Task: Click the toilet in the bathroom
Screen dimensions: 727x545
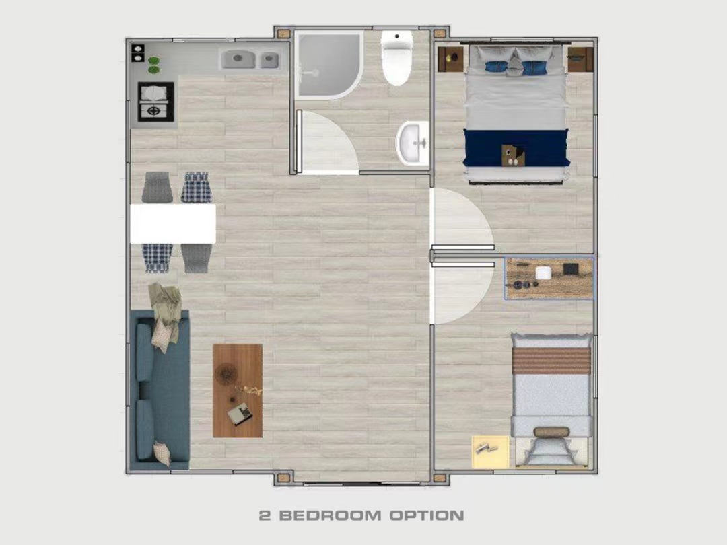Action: [x=397, y=58]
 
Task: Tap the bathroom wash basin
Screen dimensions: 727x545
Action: [x=413, y=143]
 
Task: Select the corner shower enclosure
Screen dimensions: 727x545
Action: [x=328, y=64]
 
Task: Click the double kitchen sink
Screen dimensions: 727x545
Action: [x=250, y=59]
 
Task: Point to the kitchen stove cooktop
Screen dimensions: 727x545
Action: [x=155, y=102]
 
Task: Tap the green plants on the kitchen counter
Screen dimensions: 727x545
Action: [x=153, y=65]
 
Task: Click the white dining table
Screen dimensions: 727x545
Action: [x=173, y=223]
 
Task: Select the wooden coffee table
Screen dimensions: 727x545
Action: [x=238, y=391]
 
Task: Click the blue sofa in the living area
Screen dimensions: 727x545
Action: [x=160, y=390]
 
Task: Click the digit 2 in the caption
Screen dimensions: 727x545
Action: [x=265, y=515]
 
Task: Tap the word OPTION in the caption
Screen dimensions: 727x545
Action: [x=427, y=515]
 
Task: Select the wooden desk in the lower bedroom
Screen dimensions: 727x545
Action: [x=549, y=279]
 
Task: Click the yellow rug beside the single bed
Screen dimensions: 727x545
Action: [x=491, y=451]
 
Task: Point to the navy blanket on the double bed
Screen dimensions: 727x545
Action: [x=516, y=147]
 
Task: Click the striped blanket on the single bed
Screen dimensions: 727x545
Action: [x=551, y=360]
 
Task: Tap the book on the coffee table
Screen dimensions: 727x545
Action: [x=240, y=414]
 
